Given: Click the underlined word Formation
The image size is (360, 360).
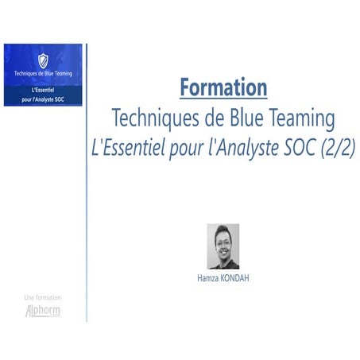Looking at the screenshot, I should pyautogui.click(x=223, y=87).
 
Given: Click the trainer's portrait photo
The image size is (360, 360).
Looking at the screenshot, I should pyautogui.click(x=223, y=246).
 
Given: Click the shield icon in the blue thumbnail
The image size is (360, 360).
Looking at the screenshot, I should pyautogui.click(x=43, y=60).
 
